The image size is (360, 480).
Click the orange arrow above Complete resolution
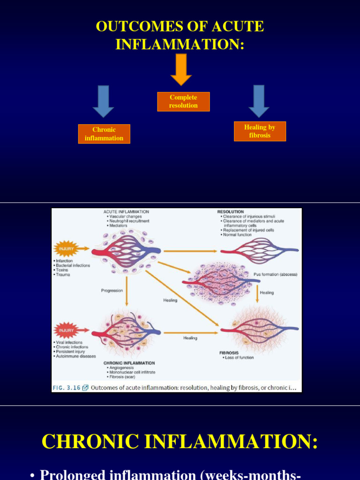coord(181,69)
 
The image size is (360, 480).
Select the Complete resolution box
coord(183,102)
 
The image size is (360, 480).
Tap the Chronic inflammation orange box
coord(104,134)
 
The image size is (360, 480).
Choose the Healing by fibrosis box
coord(260,131)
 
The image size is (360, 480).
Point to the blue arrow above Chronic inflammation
coord(103,101)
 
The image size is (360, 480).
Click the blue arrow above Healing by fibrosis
coord(259,101)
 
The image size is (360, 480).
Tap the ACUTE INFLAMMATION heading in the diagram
coord(127,212)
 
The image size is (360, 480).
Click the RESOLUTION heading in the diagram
coord(231,212)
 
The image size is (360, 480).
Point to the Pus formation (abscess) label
coord(276,274)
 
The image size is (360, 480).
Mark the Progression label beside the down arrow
coord(112,291)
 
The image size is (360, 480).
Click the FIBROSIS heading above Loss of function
coord(229,352)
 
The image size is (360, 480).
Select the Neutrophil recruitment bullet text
coord(130,221)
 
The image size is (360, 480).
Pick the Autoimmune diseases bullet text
coord(75,356)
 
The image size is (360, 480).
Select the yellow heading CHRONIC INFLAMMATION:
coord(180,442)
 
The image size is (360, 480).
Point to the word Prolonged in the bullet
coord(73,474)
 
